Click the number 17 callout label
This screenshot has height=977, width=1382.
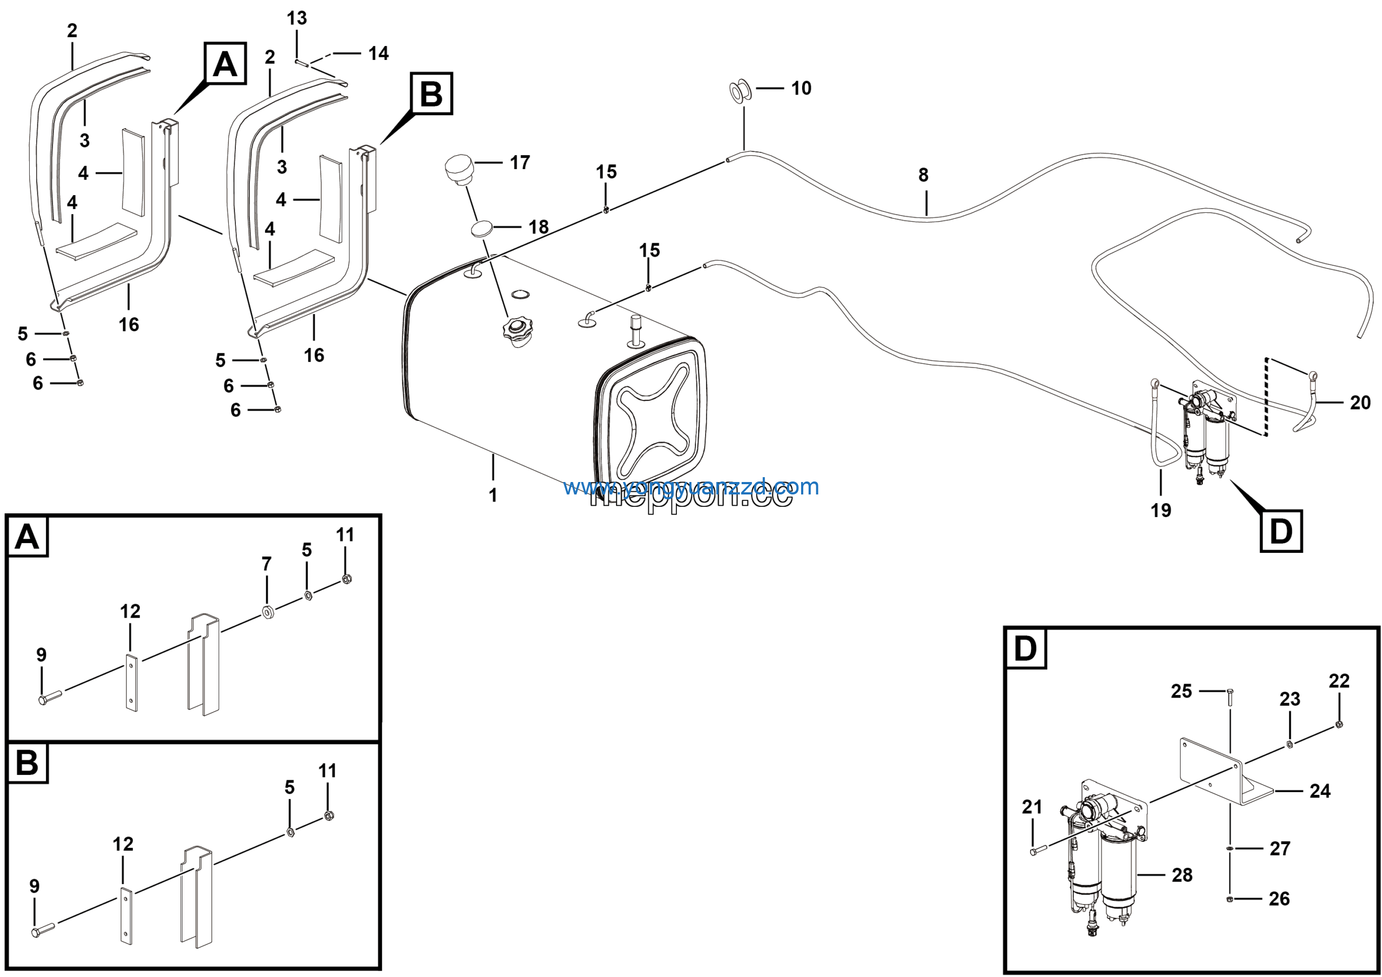coord(519,163)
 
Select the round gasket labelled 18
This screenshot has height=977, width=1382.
coord(482,230)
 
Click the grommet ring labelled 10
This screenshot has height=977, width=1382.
coord(740,91)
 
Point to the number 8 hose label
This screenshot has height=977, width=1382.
coord(923,175)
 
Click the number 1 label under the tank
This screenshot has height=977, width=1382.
coord(493,495)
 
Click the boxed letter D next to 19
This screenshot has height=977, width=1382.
coord(1281,531)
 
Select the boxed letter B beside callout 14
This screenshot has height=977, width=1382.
coord(431,94)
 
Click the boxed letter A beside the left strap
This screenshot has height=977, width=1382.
coord(225,64)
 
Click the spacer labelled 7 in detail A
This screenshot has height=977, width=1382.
coord(267,613)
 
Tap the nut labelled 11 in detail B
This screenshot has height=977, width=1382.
coord(329,816)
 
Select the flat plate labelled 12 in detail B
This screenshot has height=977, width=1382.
coord(126,915)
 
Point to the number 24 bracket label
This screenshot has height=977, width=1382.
coord(1319,791)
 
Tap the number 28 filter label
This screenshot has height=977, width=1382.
coord(1182,875)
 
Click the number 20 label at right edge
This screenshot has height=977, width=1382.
coord(1360,403)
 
